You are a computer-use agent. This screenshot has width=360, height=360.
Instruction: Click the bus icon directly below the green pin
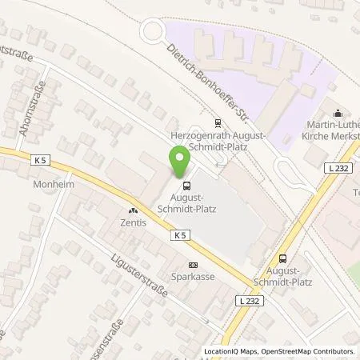tap(185, 178)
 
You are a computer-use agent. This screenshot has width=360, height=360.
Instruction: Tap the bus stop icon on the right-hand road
tap(282, 258)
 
